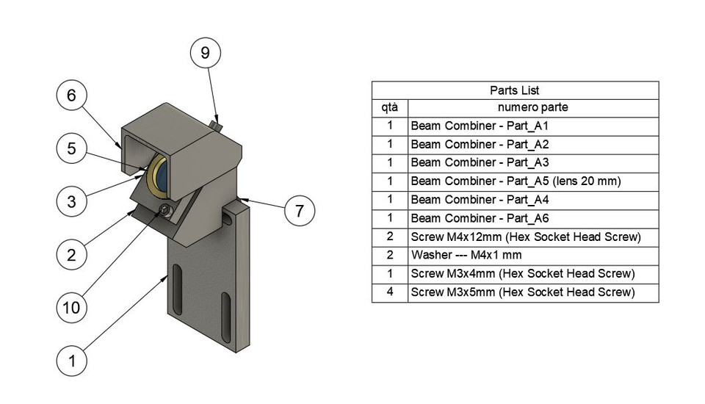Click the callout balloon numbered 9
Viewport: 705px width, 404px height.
[x=205, y=53]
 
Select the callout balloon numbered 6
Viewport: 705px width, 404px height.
[x=71, y=95]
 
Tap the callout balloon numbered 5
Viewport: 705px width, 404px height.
[x=71, y=148]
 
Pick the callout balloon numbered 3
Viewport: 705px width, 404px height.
[x=71, y=201]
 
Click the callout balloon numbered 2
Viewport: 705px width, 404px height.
[x=71, y=255]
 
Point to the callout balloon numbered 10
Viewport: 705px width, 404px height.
[x=71, y=308]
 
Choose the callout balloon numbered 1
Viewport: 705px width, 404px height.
[x=71, y=361]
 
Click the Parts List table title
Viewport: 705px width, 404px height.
[x=514, y=90]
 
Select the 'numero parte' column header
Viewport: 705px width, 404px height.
[x=532, y=107]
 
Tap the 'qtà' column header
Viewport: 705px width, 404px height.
[x=389, y=107]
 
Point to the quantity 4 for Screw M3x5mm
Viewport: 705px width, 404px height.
[x=389, y=292]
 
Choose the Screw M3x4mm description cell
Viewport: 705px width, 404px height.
[x=522, y=274]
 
